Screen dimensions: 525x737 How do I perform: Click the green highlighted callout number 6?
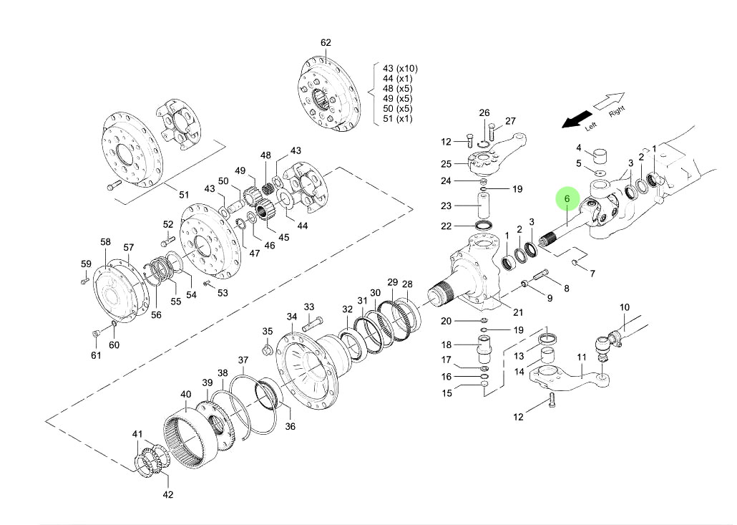tap(567, 198)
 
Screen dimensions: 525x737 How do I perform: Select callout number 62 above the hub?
tap(326, 43)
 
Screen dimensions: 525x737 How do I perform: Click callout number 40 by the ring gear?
tap(185, 395)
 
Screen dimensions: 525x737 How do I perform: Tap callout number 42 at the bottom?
tap(167, 494)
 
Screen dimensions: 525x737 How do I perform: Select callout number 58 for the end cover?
tap(105, 243)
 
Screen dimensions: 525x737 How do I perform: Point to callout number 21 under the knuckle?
tap(518, 312)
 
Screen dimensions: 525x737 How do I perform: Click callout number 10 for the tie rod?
tap(624, 308)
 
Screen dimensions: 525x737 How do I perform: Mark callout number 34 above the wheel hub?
tap(292, 317)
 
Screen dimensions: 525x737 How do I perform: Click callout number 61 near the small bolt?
tap(96, 355)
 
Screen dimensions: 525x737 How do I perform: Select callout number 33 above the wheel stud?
tap(309, 307)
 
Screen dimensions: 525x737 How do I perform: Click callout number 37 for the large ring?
tap(243, 360)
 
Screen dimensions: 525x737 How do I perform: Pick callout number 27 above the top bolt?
tap(510, 121)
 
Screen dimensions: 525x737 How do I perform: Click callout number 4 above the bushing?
tap(579, 148)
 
